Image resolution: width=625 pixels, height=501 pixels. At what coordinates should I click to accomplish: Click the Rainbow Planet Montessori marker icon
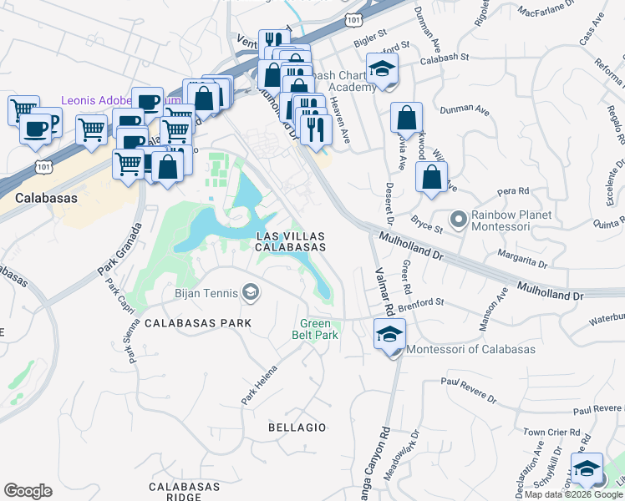coord(458,220)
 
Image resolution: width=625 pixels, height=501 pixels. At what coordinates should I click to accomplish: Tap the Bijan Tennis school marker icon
coord(250,291)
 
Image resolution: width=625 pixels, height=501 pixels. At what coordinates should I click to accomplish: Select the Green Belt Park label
coord(315,329)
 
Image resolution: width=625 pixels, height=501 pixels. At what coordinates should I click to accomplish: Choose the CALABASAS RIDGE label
coord(184,491)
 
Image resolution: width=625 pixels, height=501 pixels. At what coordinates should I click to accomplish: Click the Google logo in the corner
coord(28,491)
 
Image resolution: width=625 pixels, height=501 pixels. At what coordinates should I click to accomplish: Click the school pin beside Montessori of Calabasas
coord(389,337)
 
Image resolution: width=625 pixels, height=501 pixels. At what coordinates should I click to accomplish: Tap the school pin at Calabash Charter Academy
coord(382,70)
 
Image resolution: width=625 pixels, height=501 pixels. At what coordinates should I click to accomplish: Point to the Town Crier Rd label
coord(551,432)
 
